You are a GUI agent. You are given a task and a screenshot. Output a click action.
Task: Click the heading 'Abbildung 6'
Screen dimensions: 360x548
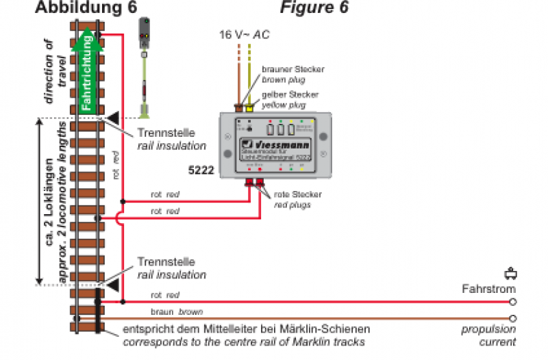[85, 8]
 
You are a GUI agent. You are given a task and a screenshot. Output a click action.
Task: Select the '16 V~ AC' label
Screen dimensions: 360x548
[244, 34]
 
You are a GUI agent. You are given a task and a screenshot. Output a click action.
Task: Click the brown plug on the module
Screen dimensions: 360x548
[239, 107]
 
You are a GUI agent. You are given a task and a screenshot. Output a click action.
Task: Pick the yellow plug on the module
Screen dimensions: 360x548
[250, 107]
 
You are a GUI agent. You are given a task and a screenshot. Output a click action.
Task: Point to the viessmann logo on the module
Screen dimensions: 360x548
[277, 145]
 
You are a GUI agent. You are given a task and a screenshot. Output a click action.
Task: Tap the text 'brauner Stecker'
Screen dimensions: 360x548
[292, 70]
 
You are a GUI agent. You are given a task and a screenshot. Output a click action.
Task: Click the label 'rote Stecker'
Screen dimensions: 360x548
[297, 194]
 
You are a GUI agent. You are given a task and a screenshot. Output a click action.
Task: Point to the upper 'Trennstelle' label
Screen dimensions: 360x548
[166, 133]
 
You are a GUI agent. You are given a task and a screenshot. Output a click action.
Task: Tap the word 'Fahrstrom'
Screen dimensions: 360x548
[488, 290]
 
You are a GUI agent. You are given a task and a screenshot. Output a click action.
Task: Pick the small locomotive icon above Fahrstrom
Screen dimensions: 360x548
[509, 274]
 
